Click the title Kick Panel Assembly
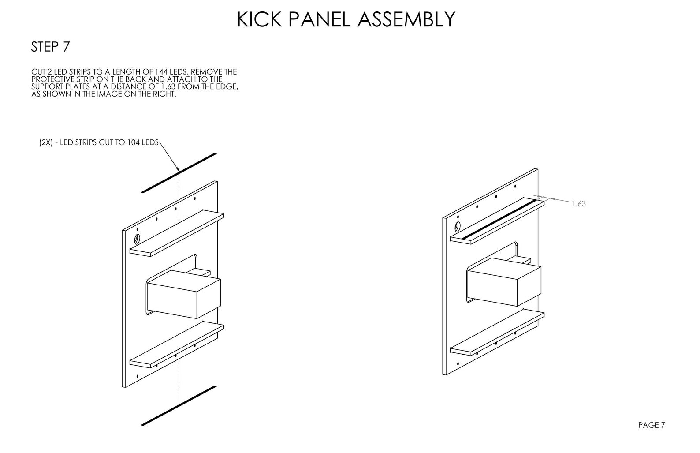[x=346, y=19]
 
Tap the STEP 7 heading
[x=50, y=47]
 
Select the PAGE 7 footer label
[x=652, y=425]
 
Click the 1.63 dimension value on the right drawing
[x=578, y=204]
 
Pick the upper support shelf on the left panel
[x=176, y=233]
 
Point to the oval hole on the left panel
[x=137, y=240]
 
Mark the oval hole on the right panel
[x=458, y=227]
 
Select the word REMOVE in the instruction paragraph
[x=208, y=71]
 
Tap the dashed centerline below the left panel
[x=179, y=379]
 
